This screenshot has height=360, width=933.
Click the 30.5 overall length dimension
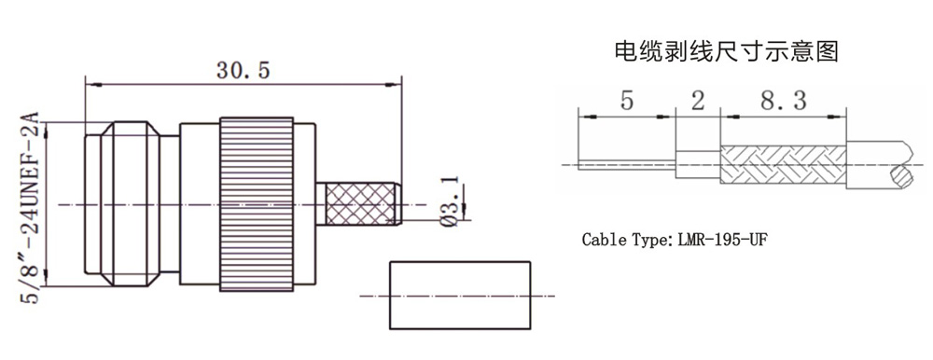243,71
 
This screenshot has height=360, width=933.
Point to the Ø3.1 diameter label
451,201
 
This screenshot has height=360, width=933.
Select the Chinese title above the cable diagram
726,52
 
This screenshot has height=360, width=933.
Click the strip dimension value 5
627,101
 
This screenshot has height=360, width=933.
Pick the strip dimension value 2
697,101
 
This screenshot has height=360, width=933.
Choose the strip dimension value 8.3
782,101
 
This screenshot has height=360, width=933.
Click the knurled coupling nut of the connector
257,204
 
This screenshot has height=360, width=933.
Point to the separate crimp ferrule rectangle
460,295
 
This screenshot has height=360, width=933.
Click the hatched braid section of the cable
783,164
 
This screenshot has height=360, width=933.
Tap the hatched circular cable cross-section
900,176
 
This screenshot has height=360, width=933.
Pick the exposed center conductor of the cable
626,164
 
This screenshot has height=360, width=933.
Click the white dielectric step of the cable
697,164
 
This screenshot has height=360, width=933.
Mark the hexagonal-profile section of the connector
131,204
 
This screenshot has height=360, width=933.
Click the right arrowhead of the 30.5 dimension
394,85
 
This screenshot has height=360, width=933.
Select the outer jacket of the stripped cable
875,164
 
